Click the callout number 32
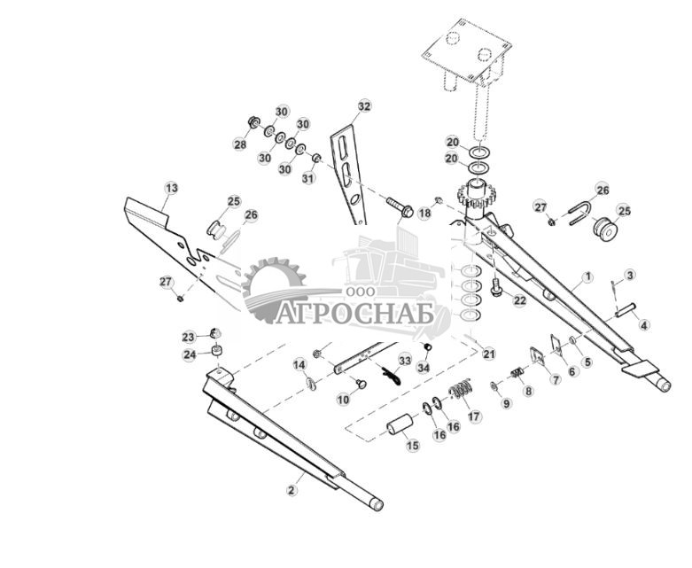tap(364, 106)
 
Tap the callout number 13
tap(171, 188)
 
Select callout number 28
tap(240, 144)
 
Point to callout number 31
tap(309, 178)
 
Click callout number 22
tap(520, 300)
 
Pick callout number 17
tap(475, 416)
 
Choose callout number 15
tap(413, 446)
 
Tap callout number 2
tap(291, 490)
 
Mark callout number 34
tap(424, 367)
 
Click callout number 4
tap(644, 326)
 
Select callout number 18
tap(424, 214)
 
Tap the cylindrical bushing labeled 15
tap(400, 424)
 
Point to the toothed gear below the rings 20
tap(478, 196)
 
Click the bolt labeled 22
tap(496, 288)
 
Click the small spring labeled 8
tap(517, 373)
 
